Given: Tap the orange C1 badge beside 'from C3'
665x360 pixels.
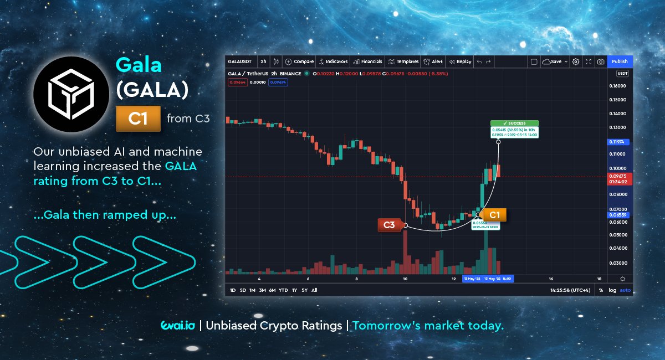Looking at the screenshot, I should tap(138, 119).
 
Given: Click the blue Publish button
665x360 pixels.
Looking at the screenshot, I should tap(620, 61).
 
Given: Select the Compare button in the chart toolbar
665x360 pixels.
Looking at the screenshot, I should tap(299, 61).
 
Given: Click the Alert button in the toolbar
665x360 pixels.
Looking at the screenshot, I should tap(433, 61).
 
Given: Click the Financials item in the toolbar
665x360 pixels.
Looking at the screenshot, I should tap(368, 61).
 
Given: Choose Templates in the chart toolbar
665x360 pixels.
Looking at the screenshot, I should tap(403, 61).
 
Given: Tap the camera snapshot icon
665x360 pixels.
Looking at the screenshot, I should tap(600, 61).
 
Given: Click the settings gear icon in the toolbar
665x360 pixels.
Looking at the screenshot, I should tap(576, 61).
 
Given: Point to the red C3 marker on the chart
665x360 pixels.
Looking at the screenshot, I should tap(389, 225).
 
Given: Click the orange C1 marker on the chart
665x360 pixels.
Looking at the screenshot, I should tap(494, 215).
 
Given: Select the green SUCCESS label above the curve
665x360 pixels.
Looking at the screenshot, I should tap(514, 123).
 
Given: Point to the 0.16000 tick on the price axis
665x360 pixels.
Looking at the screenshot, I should tap(618, 86).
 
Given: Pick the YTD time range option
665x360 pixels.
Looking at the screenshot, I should tap(283, 290).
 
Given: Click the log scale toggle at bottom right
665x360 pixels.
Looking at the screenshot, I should tap(612, 290).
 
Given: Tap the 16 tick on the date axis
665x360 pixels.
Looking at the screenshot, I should tap(551, 279).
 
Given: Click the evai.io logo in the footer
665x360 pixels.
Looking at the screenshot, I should tap(177, 326).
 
